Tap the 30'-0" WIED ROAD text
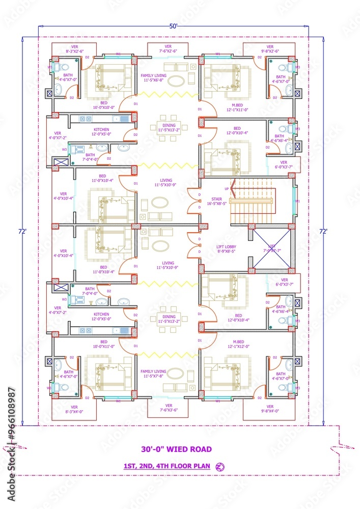[x=176, y=449]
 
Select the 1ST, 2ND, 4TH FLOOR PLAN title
[x=167, y=466]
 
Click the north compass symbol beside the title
[x=220, y=466]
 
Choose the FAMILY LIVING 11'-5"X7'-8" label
[x=155, y=374]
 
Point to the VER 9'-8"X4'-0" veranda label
[x=270, y=409]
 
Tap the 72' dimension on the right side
[x=323, y=231]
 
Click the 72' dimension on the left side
[x=23, y=231]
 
